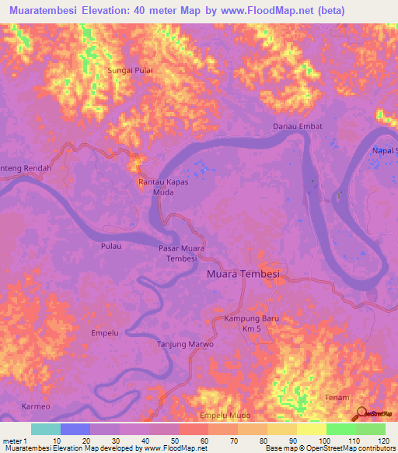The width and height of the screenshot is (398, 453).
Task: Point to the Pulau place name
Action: pos(112,245)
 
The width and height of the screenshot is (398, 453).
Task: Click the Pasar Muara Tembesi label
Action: pos(178,253)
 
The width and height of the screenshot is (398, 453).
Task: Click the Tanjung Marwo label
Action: pos(185,344)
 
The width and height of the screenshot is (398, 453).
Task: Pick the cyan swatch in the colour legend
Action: pos(46,429)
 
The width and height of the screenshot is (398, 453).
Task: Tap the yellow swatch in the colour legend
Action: pos(311,429)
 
